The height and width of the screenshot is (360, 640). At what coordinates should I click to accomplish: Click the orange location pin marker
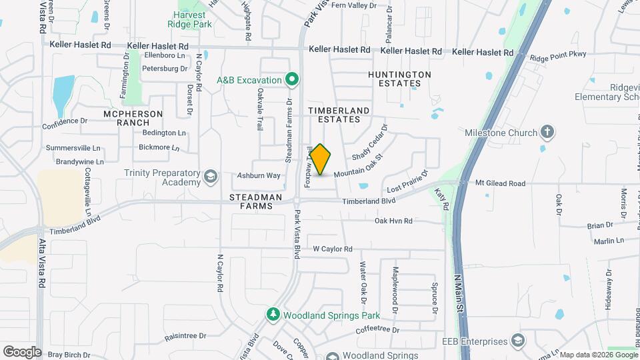point(321,159)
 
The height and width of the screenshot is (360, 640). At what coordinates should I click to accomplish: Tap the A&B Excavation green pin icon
point(291,80)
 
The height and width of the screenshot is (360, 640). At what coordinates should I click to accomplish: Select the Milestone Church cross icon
point(547,132)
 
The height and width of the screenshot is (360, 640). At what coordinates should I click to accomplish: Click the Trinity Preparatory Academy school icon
point(211,177)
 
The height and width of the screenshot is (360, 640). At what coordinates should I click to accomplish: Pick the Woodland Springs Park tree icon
point(273,314)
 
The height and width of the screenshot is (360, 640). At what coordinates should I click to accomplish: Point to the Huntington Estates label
point(399,79)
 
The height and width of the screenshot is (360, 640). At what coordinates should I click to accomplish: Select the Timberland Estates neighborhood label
point(334,114)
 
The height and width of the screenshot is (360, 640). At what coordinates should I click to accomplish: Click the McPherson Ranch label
point(133,118)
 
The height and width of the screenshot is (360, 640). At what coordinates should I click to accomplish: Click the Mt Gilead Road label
point(500,183)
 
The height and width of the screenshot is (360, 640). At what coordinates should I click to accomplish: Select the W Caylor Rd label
point(333,249)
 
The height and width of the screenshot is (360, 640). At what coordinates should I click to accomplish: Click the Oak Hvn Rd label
point(393,221)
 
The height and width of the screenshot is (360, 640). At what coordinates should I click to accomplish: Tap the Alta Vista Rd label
point(41,263)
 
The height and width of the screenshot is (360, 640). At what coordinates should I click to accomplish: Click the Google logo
point(22,351)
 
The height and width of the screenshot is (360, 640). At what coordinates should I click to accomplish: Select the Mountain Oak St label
point(358,167)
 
